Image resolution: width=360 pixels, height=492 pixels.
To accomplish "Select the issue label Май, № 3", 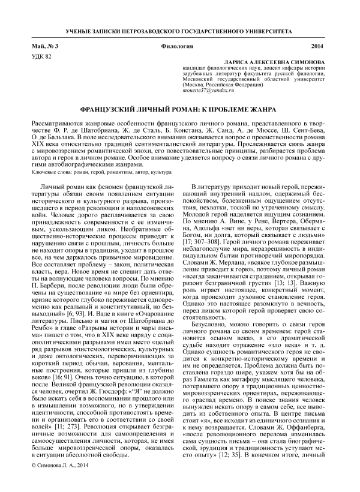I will [x=45, y=46].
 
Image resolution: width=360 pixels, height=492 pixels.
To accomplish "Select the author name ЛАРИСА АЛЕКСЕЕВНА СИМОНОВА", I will [x=272, y=62].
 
